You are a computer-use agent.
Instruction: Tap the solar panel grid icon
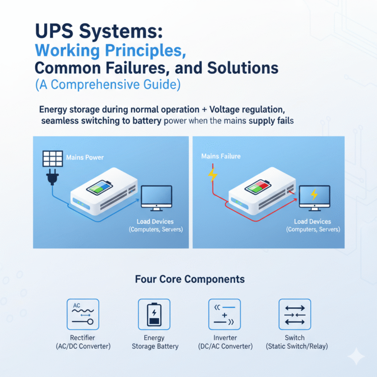click(x=52, y=159)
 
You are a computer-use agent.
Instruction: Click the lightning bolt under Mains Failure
click(x=213, y=174)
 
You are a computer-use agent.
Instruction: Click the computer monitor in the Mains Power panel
click(x=156, y=198)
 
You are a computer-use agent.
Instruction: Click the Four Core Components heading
click(x=189, y=279)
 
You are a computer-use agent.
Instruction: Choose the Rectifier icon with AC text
click(x=82, y=315)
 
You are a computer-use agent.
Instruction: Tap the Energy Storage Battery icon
click(x=155, y=315)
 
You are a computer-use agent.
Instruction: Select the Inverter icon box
click(x=225, y=315)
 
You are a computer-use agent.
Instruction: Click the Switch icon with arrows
click(x=295, y=315)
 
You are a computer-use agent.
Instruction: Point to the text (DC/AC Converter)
click(x=225, y=347)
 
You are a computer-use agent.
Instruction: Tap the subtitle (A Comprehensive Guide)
click(x=108, y=84)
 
